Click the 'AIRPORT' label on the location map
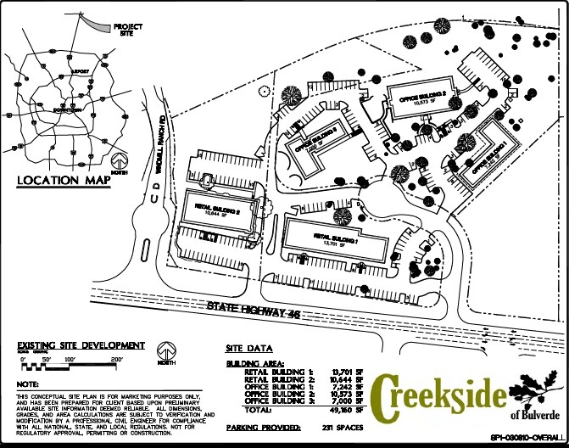click(81, 71)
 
